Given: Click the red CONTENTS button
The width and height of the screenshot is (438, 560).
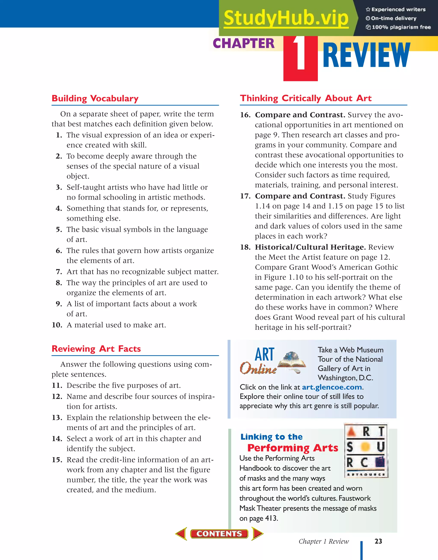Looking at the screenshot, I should [219, 533].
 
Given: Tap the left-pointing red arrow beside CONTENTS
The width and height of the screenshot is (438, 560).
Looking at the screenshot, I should [182, 533].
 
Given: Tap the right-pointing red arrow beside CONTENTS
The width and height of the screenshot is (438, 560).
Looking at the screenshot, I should [257, 533].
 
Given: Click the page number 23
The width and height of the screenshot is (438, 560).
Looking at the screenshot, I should [378, 541].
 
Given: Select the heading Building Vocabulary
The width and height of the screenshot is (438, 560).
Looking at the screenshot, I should [95, 99].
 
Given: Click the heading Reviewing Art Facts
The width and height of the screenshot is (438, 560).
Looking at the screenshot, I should [96, 349].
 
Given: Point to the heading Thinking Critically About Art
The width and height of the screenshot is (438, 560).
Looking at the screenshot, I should [306, 98].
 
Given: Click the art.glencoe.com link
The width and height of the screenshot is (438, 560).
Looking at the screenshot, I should [332, 387].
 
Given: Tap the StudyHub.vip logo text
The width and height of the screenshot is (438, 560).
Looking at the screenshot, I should [286, 18].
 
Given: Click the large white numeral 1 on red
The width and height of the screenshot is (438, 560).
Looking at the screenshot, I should [300, 54].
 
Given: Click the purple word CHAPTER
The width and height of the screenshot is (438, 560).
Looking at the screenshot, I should [244, 43].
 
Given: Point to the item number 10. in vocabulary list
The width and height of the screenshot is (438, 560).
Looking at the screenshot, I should [57, 325].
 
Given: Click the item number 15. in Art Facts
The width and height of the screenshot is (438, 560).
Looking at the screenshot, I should [57, 460].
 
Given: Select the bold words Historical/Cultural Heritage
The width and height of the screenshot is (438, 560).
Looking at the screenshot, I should [310, 247].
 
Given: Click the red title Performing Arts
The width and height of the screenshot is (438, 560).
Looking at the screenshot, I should [293, 448].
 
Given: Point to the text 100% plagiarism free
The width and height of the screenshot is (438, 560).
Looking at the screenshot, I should [401, 27].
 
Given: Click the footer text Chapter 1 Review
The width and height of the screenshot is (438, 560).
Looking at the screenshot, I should [324, 541].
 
